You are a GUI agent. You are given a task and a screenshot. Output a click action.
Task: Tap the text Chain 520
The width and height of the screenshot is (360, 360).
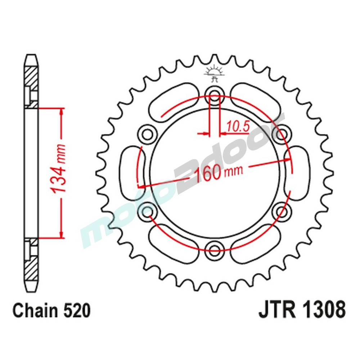point(51,311)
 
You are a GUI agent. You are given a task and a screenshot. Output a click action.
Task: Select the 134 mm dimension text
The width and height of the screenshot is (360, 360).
point(60,173)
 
